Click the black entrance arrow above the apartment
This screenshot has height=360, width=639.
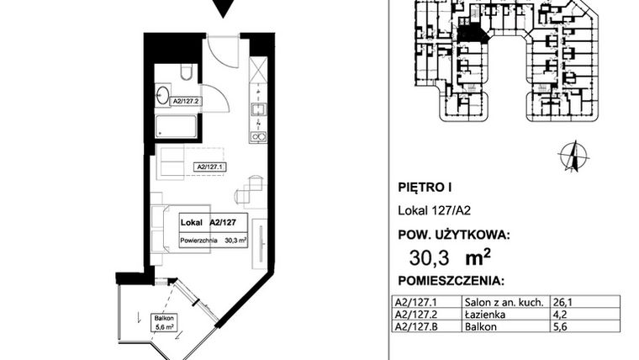(x=222, y=8)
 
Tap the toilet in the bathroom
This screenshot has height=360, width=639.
(x=186, y=73)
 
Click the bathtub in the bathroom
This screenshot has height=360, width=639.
(x=177, y=128)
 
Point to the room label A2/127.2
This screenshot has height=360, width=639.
(x=187, y=102)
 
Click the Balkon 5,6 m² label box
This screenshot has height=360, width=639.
(x=165, y=323)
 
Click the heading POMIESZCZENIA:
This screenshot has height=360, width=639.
(x=450, y=281)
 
